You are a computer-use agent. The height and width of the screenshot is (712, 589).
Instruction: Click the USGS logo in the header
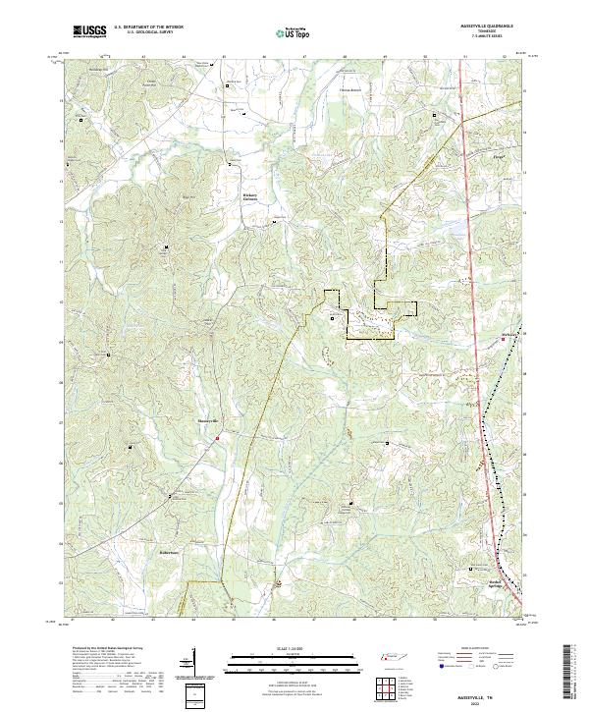click(x=89, y=30)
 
